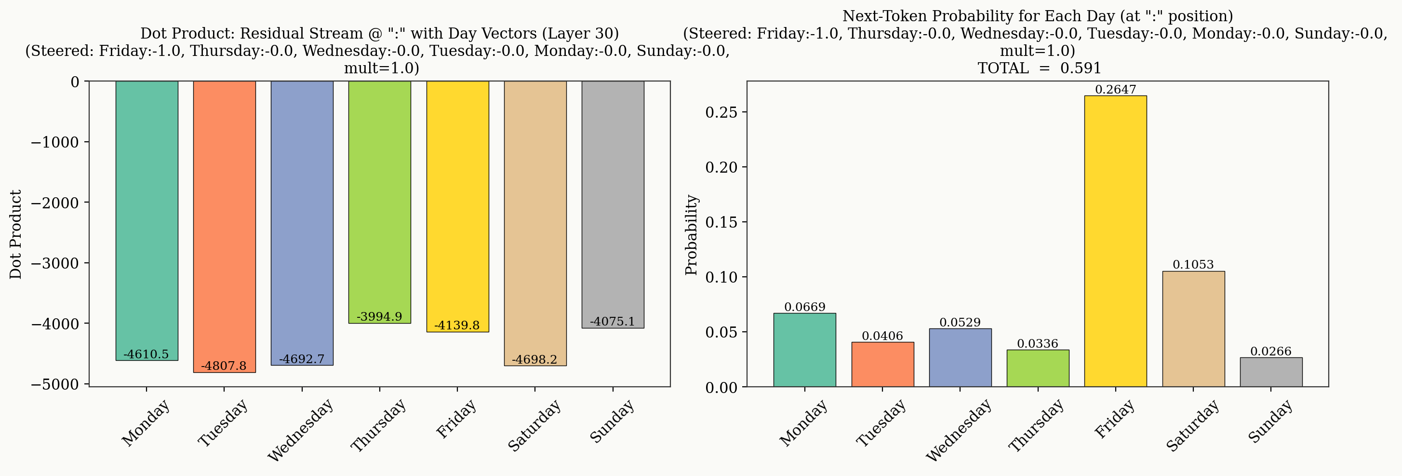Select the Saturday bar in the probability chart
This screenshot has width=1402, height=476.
(x=1193, y=329)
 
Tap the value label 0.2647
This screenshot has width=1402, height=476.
(x=1115, y=90)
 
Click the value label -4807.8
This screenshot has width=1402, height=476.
(x=224, y=366)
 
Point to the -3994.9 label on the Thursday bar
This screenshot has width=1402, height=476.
(x=379, y=316)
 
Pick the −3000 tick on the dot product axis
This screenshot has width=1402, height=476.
(x=55, y=263)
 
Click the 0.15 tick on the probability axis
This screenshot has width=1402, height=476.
(x=721, y=222)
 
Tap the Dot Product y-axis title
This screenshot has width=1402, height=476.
(x=16, y=234)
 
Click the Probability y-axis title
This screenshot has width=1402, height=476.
(x=691, y=234)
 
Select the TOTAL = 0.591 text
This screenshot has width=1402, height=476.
(x=1039, y=68)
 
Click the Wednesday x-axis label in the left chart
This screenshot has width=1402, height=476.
(x=300, y=430)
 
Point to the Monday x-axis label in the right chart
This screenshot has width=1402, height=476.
(x=803, y=422)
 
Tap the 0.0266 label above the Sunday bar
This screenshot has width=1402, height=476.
(x=1271, y=351)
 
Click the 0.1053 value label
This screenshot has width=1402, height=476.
(x=1193, y=265)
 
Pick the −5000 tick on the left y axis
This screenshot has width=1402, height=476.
(x=55, y=384)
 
